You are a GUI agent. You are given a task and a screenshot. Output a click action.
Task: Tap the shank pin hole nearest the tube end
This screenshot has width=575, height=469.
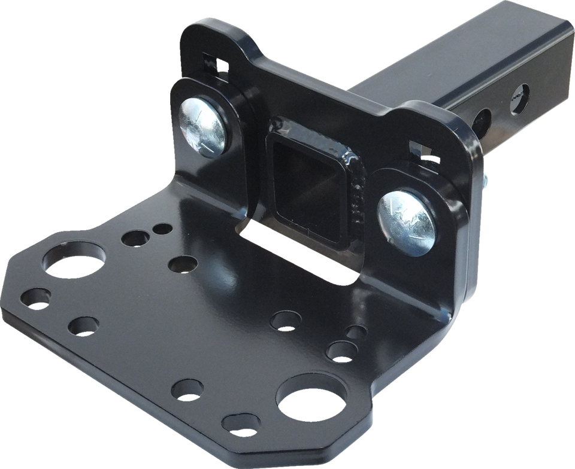coord(520,93)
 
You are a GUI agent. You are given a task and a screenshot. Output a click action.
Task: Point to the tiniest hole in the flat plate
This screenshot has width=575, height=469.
coord(160,228)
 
